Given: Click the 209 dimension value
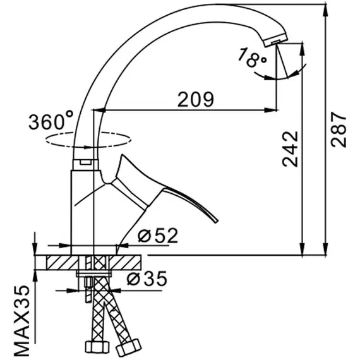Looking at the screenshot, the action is tap(196, 99).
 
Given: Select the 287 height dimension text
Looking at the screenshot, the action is tap(339, 129).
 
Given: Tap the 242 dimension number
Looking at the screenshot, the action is tap(290, 148).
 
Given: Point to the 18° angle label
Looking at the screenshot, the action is tap(251, 57).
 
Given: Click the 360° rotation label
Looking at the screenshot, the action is tap(51, 120).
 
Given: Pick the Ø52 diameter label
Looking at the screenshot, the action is tap(158, 236).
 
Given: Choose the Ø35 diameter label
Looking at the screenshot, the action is tap(147, 279).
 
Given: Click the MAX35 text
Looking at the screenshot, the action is tap(22, 321).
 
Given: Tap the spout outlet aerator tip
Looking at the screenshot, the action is tap(276, 40).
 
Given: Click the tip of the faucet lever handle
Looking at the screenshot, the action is tap(216, 221).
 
